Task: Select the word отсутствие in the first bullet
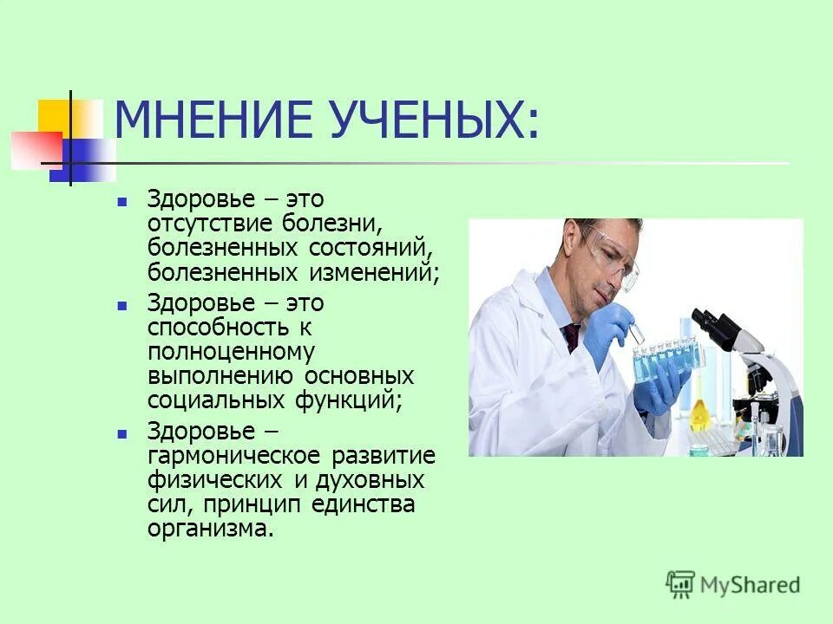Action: point(211,224)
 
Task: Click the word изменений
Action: point(371,274)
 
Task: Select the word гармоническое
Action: point(230,455)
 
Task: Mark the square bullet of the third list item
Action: point(122,432)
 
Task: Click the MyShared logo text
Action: point(747,584)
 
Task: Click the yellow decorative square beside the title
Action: point(55,116)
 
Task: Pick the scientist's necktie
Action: point(571,336)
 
